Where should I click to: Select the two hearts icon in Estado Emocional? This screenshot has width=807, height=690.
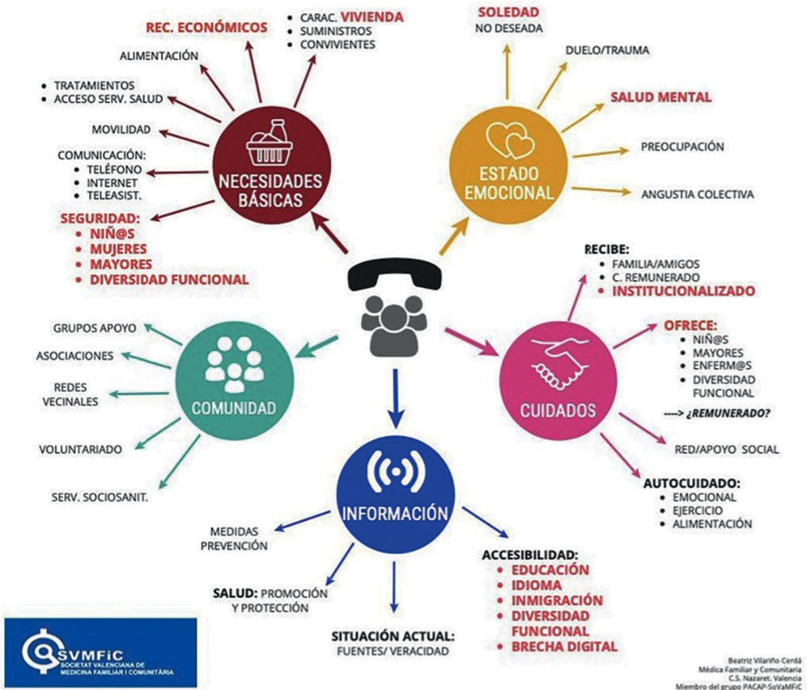511,140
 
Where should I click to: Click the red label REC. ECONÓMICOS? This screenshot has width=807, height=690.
206,28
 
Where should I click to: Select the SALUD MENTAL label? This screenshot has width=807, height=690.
661,98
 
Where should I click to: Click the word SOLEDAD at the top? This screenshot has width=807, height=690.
508,12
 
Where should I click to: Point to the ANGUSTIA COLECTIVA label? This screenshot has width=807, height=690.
698,194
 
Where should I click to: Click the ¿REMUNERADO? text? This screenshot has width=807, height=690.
737,412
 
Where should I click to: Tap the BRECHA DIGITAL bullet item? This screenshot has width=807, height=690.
564,646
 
